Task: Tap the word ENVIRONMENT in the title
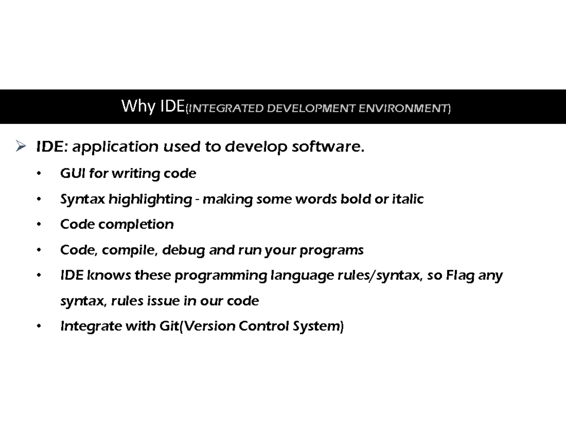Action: coord(402,109)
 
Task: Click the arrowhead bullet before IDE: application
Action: coord(20,148)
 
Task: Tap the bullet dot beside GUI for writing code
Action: coord(39,174)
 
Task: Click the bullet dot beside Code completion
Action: coord(39,225)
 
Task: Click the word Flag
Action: coord(459,275)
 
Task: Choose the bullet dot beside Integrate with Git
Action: coord(39,326)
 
